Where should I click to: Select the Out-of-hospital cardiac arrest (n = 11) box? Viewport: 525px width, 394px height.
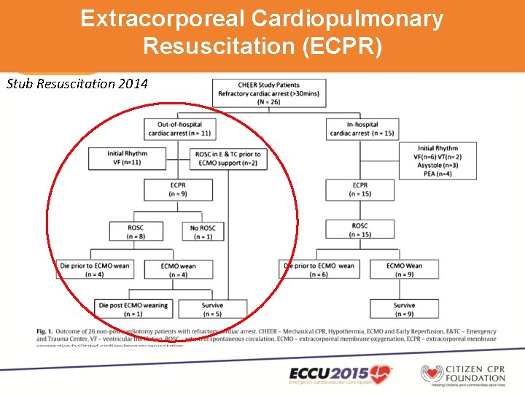179,128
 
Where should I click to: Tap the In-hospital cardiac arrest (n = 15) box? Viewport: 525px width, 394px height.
359,128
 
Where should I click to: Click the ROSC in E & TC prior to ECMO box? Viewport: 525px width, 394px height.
228,158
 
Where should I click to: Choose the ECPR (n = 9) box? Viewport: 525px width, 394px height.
178,190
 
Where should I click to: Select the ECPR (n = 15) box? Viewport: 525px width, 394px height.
359,190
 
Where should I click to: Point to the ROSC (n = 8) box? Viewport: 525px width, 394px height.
136,230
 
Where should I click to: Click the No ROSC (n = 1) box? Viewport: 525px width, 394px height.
203,230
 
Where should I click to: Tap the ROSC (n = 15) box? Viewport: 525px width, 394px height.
359,230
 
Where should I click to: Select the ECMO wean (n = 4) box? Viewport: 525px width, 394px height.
179,269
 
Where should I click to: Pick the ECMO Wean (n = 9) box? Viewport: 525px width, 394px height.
404,269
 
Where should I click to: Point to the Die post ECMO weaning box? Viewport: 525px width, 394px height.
133,309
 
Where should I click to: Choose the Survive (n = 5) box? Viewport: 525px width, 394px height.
212,309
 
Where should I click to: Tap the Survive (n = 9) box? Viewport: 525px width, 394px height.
404,309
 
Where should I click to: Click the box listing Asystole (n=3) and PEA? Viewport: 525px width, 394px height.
437,161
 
